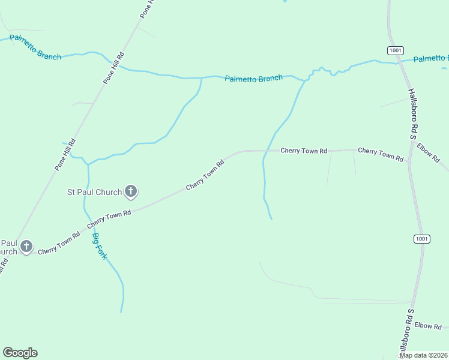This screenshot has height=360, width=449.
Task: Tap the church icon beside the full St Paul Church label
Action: [131, 192]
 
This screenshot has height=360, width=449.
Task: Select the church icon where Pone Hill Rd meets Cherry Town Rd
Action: [26, 246]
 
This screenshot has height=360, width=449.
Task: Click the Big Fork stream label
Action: [100, 246]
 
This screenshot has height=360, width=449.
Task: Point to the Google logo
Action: [20, 353]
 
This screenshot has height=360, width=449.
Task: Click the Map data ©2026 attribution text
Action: [423, 355]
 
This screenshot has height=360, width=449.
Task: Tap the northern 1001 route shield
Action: [394, 50]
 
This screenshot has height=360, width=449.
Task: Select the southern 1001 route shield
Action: [421, 239]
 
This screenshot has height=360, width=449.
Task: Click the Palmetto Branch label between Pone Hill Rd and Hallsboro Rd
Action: [253, 79]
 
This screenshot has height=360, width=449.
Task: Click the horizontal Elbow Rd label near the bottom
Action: [428, 326]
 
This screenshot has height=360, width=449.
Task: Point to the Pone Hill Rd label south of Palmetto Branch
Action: [65, 155]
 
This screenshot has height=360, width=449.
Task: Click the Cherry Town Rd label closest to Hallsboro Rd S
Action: [381, 154]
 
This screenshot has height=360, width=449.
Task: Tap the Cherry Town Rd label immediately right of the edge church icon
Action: [59, 244]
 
